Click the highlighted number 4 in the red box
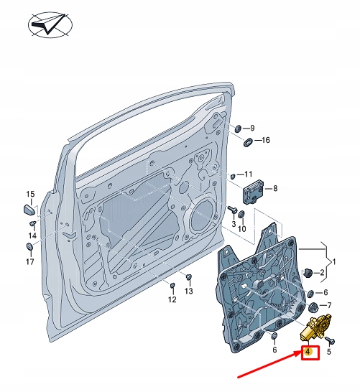click(308, 352)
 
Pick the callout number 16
click(266, 140)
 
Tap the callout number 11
click(248, 174)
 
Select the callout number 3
click(233, 225)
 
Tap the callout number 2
click(323, 273)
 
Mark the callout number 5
click(329, 351)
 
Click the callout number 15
click(31, 195)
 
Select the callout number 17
click(30, 261)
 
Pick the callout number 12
click(172, 299)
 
